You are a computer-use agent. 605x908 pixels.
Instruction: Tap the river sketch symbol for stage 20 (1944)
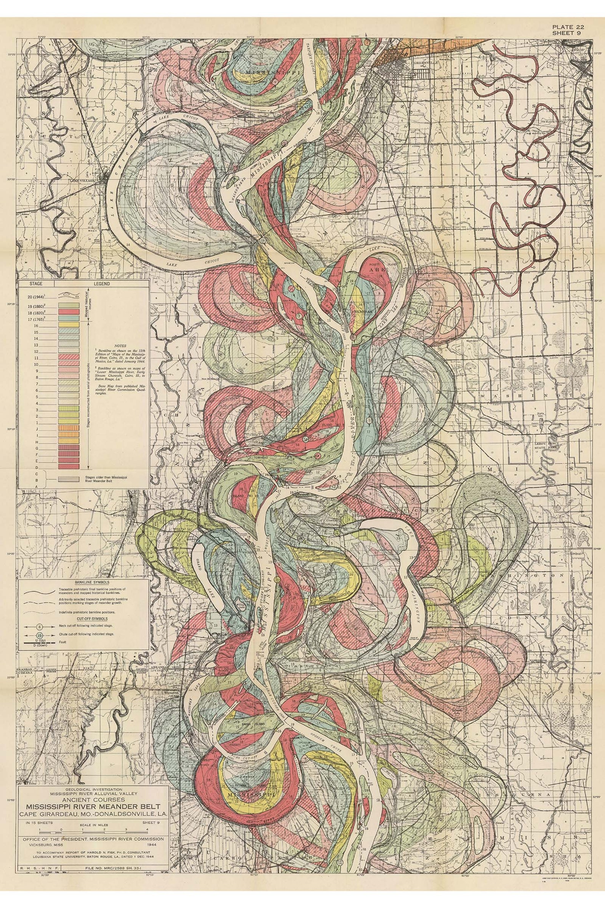[69, 296]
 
